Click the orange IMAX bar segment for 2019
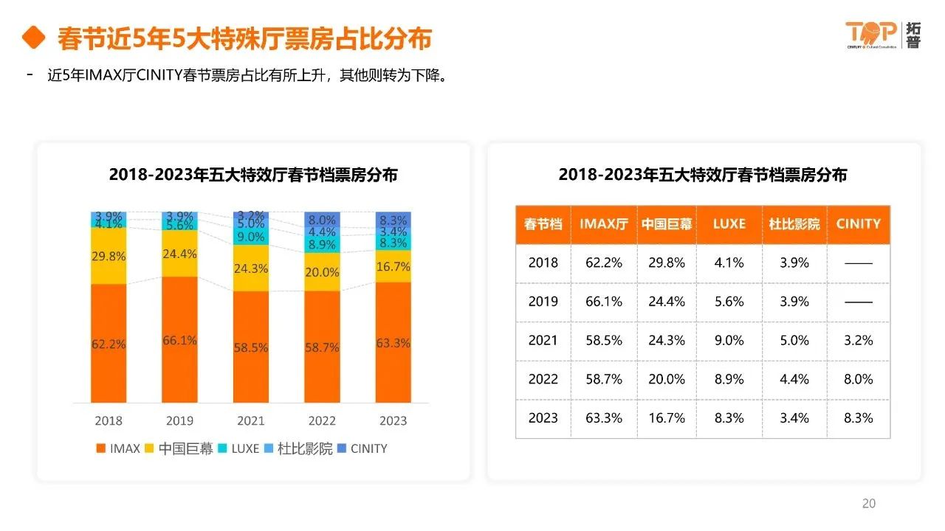pos(179,340)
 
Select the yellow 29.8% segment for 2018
pos(109,256)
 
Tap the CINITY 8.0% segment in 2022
pos(322,219)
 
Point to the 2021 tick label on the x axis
pos(251,420)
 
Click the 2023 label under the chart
pos(393,420)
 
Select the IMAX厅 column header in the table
pos(604,224)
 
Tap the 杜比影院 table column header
pos(794,224)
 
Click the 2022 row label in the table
pos(543,379)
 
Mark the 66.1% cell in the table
pos(604,302)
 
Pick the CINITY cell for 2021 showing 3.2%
pos(858,340)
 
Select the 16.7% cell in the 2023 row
pos(667,417)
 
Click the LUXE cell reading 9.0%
pos(729,340)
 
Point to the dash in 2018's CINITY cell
pos(858,263)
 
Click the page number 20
pos(869,503)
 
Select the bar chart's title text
pos(253,175)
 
